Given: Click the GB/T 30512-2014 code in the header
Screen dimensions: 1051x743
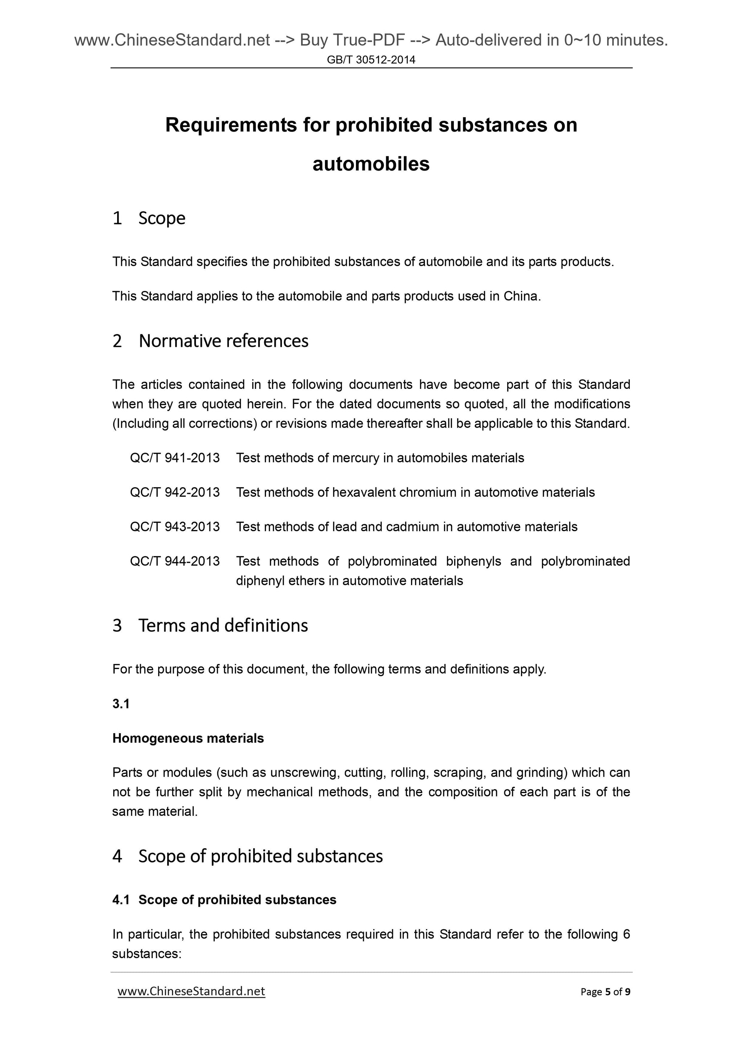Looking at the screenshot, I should pos(371,59).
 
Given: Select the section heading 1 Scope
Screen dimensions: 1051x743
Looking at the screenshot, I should pos(149,218).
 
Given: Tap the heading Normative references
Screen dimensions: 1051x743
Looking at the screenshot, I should pos(223,341).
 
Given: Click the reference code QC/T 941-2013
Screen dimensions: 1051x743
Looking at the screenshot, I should pos(175,458).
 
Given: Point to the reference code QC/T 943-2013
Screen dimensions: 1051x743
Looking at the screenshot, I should pos(175,526).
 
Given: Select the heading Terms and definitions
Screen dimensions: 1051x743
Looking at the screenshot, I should pos(223,625).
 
